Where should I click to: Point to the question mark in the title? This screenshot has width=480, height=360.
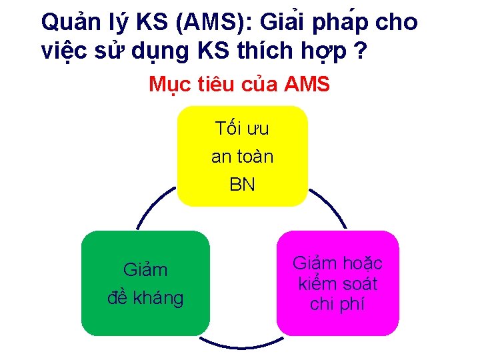pos(361,51)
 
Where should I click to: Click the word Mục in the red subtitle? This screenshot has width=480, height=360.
pos(167,85)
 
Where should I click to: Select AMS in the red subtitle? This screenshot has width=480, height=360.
pos(307,85)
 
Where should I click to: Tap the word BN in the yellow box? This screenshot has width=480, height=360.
pos(242,184)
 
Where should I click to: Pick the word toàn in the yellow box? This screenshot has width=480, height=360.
pos(256,157)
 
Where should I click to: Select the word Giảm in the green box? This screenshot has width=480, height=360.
pos(145,270)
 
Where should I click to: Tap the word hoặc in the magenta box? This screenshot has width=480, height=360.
pos(361,263)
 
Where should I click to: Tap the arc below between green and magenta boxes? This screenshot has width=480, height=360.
pos(243,344)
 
